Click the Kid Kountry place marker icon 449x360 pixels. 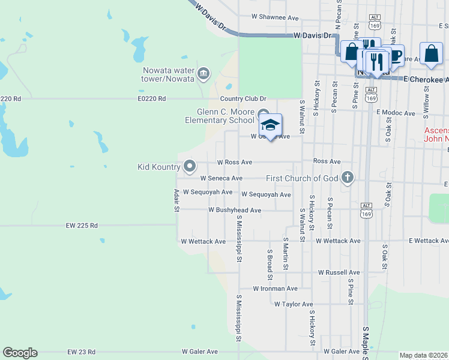point(190,166)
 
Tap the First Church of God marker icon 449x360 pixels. point(347,178)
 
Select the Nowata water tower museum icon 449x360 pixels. point(203,73)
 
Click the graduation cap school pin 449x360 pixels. point(270,125)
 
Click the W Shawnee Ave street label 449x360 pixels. point(275,17)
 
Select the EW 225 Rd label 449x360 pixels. point(82,226)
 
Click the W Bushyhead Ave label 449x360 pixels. point(235,210)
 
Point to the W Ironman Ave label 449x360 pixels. point(275,288)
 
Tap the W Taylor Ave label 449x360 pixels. point(294,304)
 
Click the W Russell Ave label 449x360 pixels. point(339,272)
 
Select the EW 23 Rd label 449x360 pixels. point(81,352)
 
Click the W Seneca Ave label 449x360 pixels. point(221,178)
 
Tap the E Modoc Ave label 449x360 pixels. point(396,112)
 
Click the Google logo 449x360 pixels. point(20,353)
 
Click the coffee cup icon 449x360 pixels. point(395,55)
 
